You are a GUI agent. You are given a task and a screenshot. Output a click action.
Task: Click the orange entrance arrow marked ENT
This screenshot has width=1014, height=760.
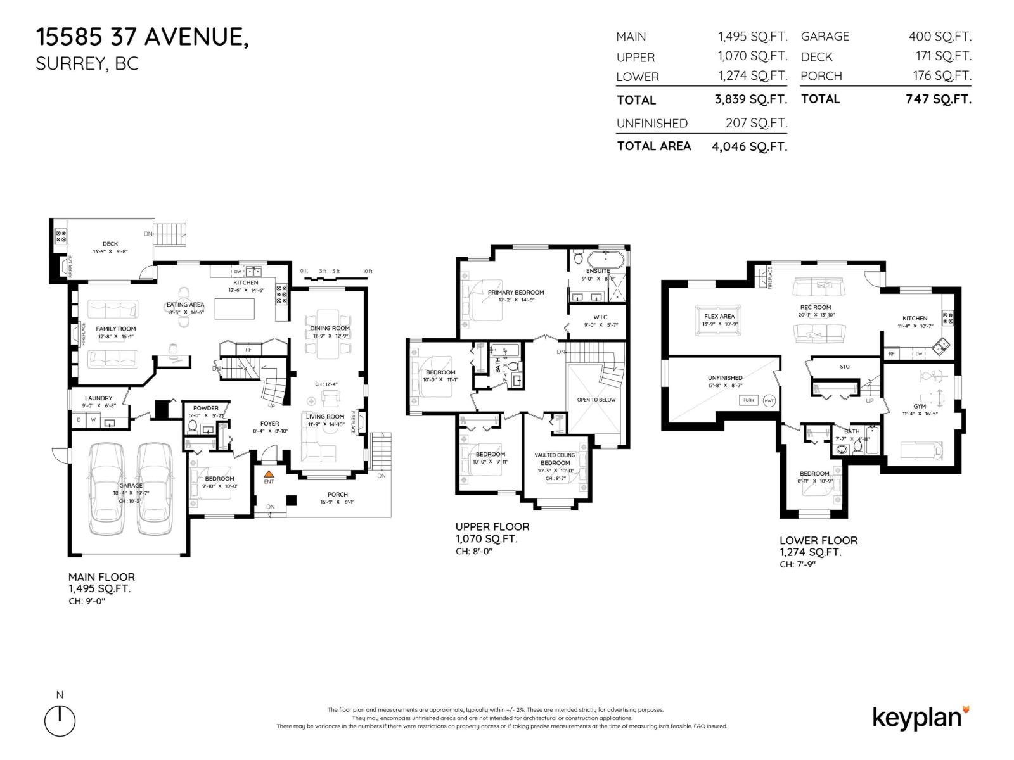(269, 473)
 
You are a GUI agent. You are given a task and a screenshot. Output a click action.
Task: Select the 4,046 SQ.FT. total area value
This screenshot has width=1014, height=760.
(749, 147)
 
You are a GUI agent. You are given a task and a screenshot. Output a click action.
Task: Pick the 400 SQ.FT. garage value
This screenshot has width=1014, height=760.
(940, 37)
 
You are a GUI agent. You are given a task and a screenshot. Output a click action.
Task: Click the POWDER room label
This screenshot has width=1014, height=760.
(206, 408)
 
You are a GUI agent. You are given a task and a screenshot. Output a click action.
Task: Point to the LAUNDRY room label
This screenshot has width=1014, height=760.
(98, 398)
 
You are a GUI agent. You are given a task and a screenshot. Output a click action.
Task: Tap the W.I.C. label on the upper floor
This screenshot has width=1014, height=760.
(601, 317)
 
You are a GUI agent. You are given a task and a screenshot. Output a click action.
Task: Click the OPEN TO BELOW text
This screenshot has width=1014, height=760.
(596, 400)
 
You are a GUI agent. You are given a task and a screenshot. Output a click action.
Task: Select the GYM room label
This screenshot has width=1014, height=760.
(919, 406)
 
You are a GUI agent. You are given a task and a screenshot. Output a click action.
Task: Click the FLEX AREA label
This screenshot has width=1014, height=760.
(719, 316)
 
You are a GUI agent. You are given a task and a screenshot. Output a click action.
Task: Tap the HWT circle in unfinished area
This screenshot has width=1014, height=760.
(769, 400)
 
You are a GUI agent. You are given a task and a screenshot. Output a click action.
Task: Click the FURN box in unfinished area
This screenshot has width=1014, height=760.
(748, 400)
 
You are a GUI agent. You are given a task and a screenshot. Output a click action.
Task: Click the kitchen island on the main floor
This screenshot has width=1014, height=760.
(234, 308)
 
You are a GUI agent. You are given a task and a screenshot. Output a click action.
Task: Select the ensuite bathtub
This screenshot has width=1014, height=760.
(605, 260)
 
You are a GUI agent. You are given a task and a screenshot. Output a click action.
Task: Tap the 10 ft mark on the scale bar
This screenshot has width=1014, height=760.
(367, 272)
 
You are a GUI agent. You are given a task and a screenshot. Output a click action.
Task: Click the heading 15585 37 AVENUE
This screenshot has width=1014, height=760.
(143, 37)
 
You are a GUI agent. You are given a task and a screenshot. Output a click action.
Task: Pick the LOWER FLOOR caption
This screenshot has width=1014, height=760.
(818, 540)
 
